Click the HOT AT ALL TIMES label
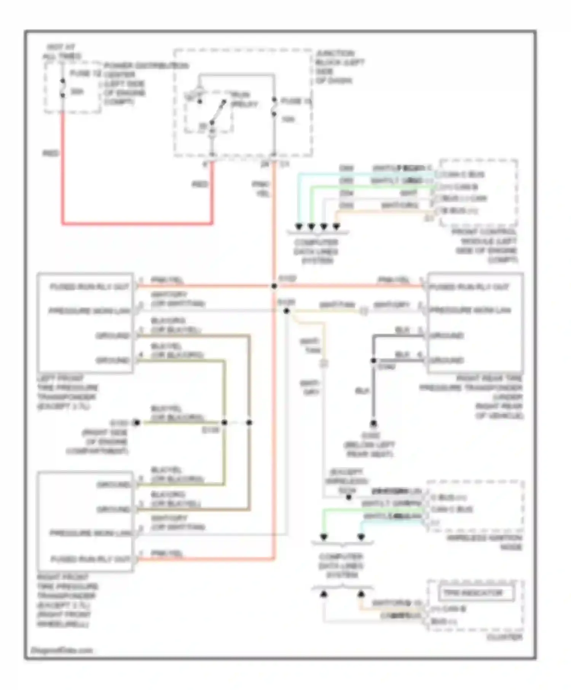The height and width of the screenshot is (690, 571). coord(61,51)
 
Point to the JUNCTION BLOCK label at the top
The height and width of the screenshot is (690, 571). coord(339,67)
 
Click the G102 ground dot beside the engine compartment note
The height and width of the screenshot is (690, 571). coord(136,423)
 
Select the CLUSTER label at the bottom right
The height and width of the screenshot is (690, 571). coord(504,637)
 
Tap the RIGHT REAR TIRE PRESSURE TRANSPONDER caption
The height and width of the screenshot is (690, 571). coord(472,397)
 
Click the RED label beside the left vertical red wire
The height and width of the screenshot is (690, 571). coord(51,153)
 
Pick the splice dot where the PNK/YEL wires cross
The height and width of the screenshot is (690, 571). coord(274,286)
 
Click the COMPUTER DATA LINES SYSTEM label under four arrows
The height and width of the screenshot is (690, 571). coord(316,251)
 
